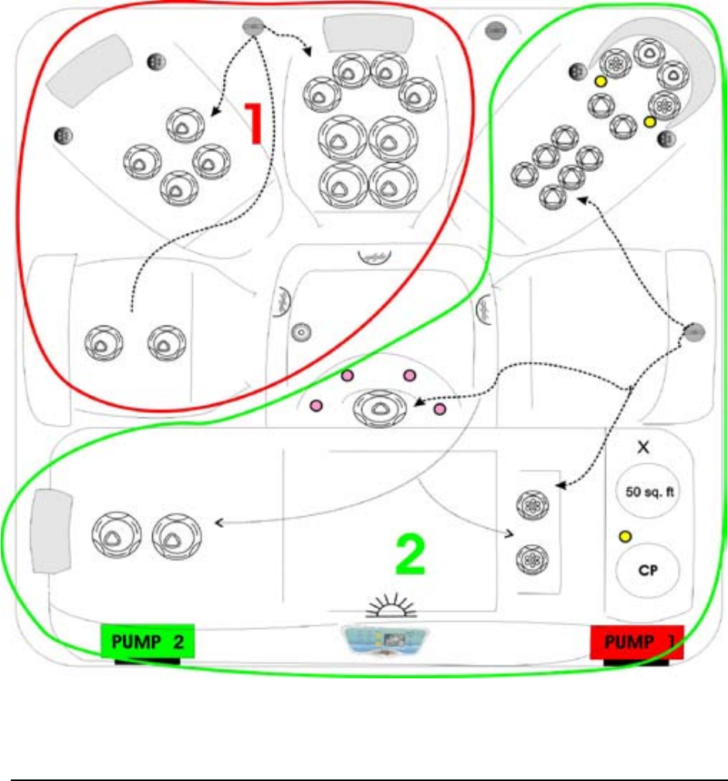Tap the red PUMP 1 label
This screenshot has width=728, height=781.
[636, 642]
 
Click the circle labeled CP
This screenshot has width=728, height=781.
[647, 570]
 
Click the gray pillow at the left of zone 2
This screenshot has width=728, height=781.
[51, 532]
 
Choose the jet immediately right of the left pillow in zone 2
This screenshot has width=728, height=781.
[115, 535]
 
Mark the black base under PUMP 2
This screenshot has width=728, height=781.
[147, 661]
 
